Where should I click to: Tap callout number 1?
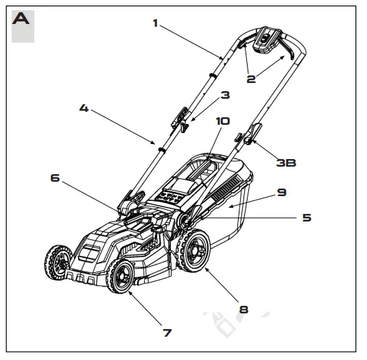coord(156,24)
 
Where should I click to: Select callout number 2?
coord(251,78)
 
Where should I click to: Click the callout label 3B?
coord(285,163)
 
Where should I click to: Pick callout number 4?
coord(84,108)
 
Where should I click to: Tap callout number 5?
coord(306,217)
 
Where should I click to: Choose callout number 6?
coord(55,178)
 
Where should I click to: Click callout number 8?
coord(243,309)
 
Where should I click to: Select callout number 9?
coord(282,193)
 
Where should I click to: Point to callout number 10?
coord(222,121)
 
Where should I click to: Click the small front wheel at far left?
coord(57,263)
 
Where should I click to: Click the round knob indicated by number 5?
coord(184,219)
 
